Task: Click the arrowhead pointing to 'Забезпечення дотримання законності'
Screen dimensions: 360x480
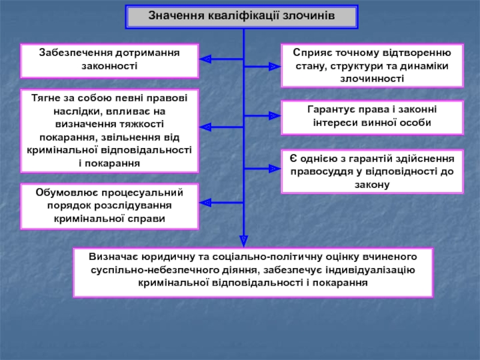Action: tap(205, 59)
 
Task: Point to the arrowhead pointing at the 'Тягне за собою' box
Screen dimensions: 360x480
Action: tap(205, 127)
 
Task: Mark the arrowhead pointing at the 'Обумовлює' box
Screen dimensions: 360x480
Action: tap(205, 202)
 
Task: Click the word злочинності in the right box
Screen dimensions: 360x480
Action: tap(372, 79)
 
